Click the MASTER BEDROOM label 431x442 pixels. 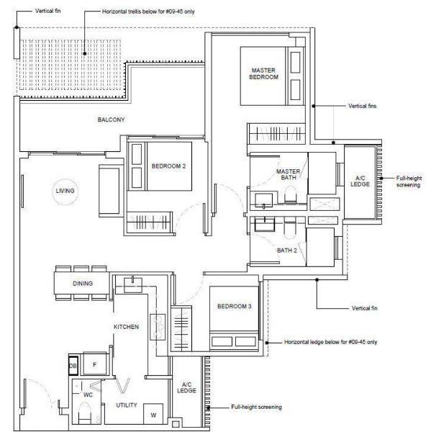[x=263, y=73]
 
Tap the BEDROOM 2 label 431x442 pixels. [x=169, y=166]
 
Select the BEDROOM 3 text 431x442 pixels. [x=235, y=307]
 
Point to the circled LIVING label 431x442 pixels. [x=65, y=191]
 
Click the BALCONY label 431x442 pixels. [x=111, y=119]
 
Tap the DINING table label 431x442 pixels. [x=83, y=284]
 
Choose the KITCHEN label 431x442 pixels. [x=126, y=327]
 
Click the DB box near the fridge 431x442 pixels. [x=73, y=366]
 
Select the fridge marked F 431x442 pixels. [x=95, y=364]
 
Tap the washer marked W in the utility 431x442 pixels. [x=153, y=414]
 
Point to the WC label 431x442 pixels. [x=89, y=394]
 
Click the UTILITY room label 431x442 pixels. [x=127, y=405]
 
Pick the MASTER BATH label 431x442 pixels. [x=289, y=174]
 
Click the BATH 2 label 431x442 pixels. [x=287, y=251]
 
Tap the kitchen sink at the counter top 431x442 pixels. [x=133, y=284]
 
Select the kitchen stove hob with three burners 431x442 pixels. [x=158, y=327]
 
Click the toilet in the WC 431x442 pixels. [x=84, y=413]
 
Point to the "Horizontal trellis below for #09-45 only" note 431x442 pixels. [x=148, y=12]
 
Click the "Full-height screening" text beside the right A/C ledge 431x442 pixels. [x=409, y=181]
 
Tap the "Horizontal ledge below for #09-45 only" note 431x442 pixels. [x=330, y=342]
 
